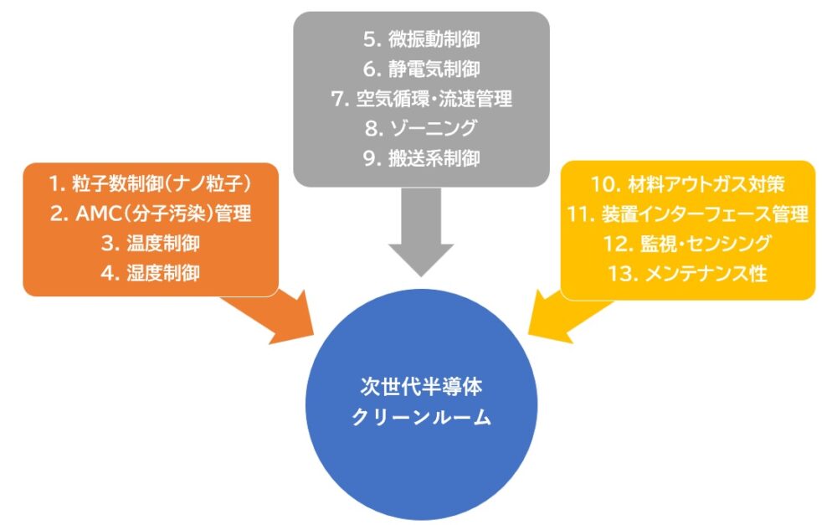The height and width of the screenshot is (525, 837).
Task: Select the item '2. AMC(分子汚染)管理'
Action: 151,214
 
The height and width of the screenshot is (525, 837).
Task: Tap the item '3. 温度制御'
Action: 151,243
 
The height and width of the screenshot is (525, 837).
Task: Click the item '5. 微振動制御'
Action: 421,39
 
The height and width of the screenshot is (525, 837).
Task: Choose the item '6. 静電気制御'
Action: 421,69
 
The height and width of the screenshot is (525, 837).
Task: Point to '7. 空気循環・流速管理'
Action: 421,99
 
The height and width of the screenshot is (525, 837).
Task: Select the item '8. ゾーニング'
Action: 421,128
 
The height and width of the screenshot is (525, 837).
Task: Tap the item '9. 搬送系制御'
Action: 421,158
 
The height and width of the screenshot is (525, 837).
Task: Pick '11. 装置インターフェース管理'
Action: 687,214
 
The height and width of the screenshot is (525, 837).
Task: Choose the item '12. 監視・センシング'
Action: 687,244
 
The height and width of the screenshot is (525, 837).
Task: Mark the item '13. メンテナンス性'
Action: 687,273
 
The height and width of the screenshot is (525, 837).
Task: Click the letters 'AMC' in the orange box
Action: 95,214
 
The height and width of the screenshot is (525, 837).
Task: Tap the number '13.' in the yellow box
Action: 623,273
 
